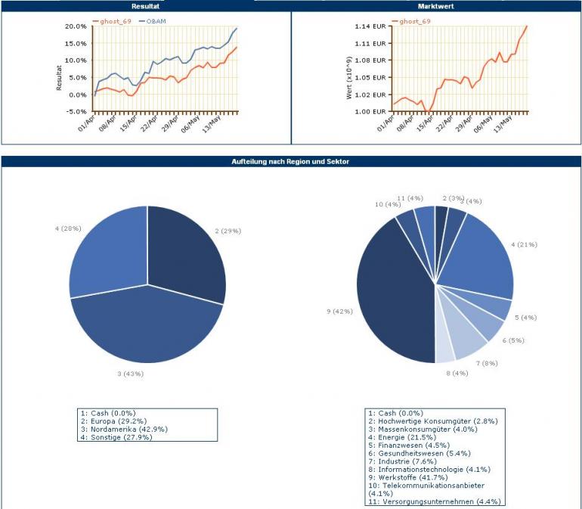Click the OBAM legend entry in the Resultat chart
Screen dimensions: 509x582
tap(154, 20)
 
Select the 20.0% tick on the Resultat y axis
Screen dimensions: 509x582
tap(76, 26)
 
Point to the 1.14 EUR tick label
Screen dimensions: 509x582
tap(370, 26)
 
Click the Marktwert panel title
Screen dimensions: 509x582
tap(436, 6)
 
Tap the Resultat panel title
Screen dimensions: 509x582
tap(145, 6)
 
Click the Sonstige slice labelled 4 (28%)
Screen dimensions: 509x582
tap(106, 250)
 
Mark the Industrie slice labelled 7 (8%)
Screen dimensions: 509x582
tap(468, 340)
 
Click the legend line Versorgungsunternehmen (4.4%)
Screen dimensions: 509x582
tap(435, 501)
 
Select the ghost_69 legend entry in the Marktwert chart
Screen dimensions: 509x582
tap(415, 20)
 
